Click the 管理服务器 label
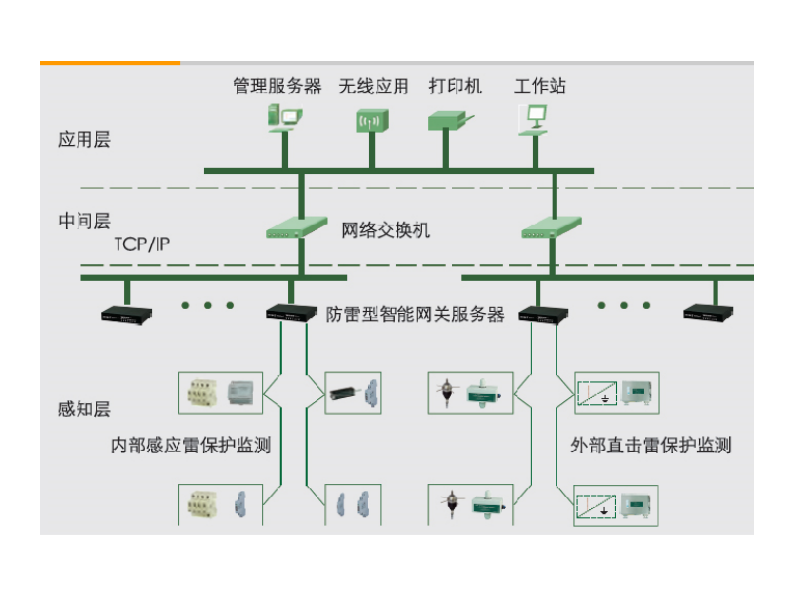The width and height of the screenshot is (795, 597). coord(277,86)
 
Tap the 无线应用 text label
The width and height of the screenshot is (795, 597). coord(373,86)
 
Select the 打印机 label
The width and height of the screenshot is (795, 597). coord(454,86)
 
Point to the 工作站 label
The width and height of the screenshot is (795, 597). coord(540,86)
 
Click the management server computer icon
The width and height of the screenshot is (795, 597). coord(282,118)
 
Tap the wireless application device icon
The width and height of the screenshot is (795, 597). coord(370,121)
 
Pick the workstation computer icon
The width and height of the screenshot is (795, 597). coord(532,118)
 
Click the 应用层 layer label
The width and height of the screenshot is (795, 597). coord(84,140)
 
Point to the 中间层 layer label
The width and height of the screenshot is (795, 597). coord(84,221)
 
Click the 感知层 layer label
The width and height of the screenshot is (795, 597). coord(84,408)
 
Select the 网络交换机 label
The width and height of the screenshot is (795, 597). coord(386,230)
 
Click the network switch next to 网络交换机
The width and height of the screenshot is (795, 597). coord(296,228)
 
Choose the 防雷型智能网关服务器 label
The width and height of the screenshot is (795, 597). coord(415,314)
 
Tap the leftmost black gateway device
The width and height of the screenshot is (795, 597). coord(127,313)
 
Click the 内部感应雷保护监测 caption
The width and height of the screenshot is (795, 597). coord(191,445)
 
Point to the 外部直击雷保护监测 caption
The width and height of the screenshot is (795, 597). coord(651,445)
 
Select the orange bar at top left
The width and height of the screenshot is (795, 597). coord(109,63)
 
